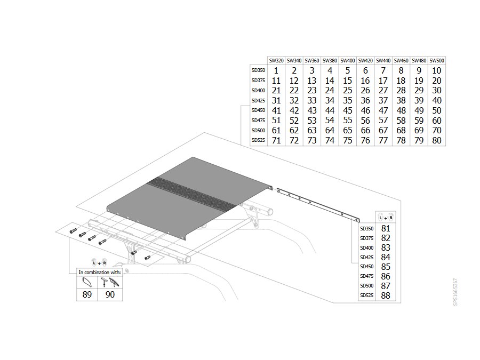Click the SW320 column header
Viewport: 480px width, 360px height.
coord(276,61)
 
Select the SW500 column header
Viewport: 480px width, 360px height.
coord(436,61)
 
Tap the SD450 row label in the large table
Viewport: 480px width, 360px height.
coord(258,110)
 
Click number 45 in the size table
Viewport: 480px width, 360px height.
coord(347,110)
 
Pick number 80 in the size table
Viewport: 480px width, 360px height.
coord(436,140)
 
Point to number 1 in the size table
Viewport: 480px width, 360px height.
coord(276,71)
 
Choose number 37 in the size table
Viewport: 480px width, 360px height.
coord(383,100)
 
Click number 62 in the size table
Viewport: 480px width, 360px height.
coord(294,131)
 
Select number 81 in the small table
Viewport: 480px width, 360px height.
coord(386,228)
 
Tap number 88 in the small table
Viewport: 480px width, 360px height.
coord(386,295)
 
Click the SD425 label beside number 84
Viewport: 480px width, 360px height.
coord(367,257)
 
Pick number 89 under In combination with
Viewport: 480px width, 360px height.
coord(87,294)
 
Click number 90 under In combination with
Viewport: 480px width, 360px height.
coord(110,294)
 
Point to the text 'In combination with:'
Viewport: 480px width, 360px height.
coord(100,272)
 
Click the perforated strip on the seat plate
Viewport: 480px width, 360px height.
coord(192,194)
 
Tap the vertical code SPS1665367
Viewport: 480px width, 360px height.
coord(455,292)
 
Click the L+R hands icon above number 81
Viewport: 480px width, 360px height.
coord(386,217)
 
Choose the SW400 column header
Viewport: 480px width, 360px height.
coord(347,61)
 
